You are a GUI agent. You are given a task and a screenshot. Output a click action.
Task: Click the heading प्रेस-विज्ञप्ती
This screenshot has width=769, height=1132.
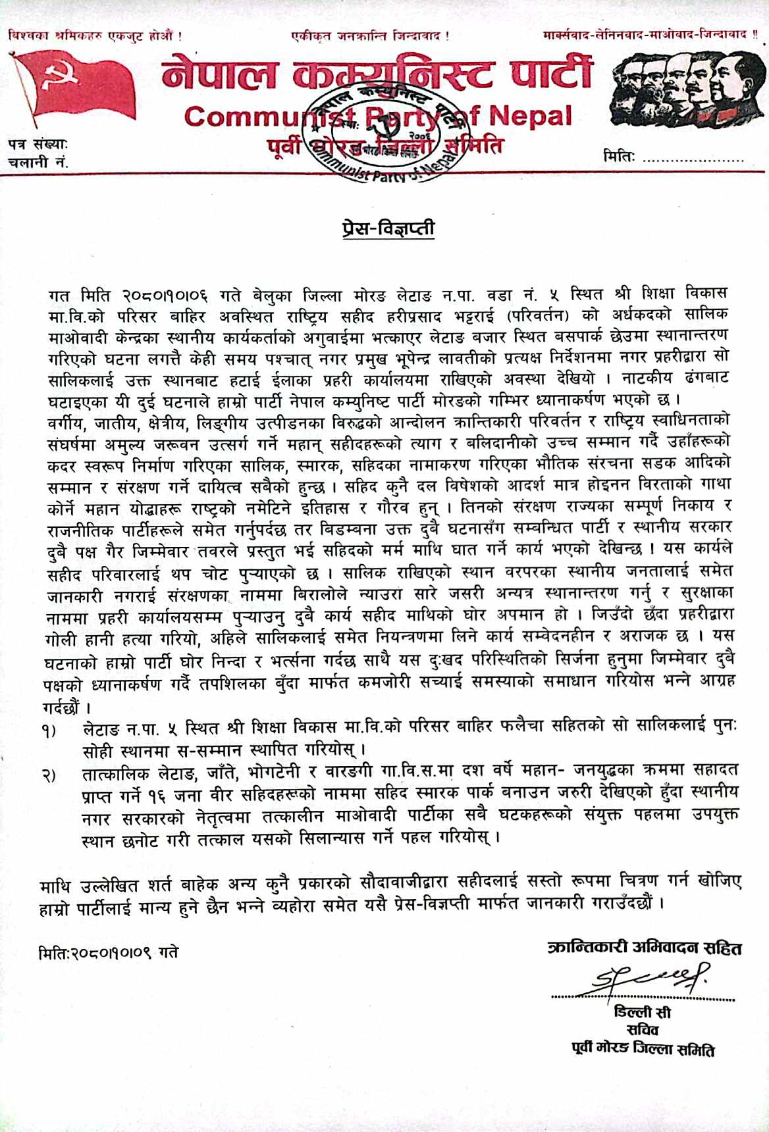(x=388, y=229)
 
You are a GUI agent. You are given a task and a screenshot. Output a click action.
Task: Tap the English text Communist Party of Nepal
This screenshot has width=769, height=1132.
(x=378, y=117)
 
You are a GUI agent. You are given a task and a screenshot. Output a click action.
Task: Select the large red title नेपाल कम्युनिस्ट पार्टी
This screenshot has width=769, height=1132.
(x=377, y=74)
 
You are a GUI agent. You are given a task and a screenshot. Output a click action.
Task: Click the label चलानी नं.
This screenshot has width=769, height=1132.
(x=38, y=161)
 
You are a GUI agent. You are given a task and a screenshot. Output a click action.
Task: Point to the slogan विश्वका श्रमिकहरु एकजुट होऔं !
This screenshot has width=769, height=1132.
(x=95, y=34)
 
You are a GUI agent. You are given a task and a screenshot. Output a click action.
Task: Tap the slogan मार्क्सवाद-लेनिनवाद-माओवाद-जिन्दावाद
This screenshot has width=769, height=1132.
(x=649, y=34)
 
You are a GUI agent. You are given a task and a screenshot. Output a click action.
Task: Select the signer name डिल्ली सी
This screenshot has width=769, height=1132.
(x=642, y=1012)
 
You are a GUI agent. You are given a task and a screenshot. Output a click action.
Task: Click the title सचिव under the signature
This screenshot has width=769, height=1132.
(x=642, y=1031)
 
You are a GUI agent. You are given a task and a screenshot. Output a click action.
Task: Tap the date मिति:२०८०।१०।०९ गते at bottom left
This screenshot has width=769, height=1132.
(x=109, y=952)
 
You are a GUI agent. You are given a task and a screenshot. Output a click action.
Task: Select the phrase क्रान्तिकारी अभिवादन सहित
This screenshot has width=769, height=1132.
(x=645, y=948)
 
